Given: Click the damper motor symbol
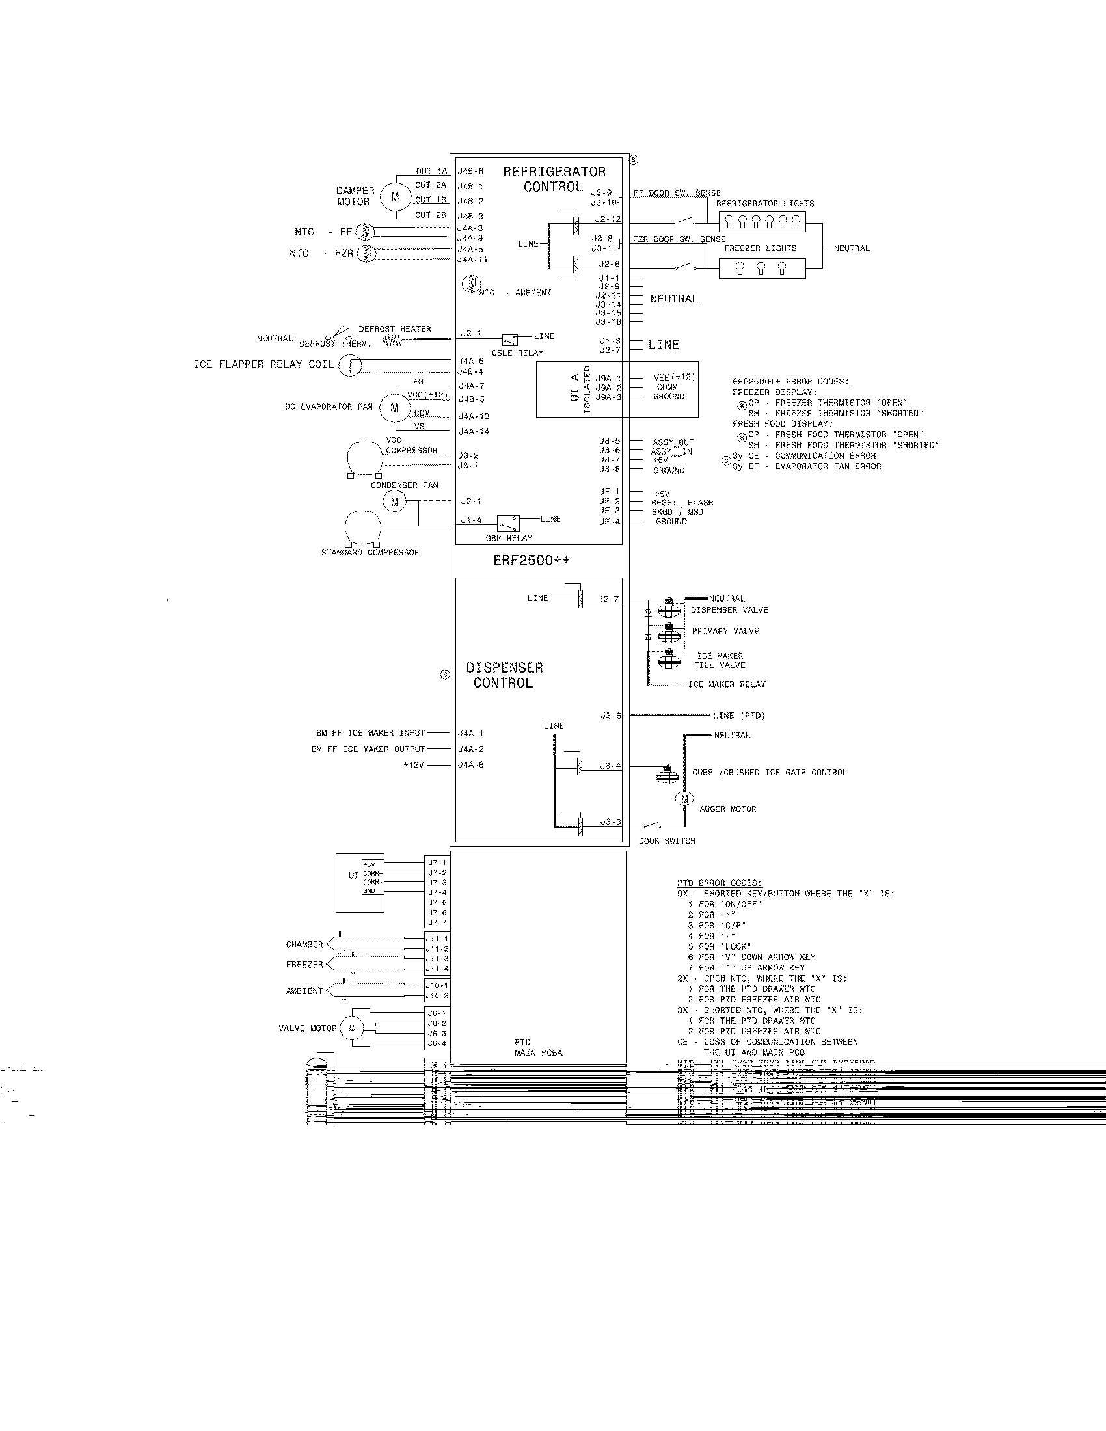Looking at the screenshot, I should pyautogui.click(x=394, y=196).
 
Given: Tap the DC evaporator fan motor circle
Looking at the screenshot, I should pyautogui.click(x=394, y=408).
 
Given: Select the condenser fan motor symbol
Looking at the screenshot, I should pyautogui.click(x=394, y=503).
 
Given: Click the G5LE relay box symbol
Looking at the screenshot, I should pyautogui.click(x=509, y=340).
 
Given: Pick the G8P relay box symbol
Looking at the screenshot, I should pyautogui.click(x=508, y=524).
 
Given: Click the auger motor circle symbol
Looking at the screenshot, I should pyautogui.click(x=684, y=799).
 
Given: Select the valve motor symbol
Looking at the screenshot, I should pyautogui.click(x=352, y=1028).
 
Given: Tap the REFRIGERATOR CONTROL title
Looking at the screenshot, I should pyautogui.click(x=554, y=180).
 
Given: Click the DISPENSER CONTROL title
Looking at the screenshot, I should pyautogui.click(x=504, y=675).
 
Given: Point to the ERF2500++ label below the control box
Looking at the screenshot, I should pyautogui.click(x=532, y=561).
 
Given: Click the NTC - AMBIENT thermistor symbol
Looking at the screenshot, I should pyautogui.click(x=471, y=284).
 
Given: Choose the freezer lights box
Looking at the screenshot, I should pyautogui.click(x=761, y=269).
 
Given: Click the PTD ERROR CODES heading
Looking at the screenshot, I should pyautogui.click(x=720, y=883).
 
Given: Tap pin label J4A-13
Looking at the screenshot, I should pyautogui.click(x=474, y=416).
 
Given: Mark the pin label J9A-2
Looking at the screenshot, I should pyautogui.click(x=608, y=388).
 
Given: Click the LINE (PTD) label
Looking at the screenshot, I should pyautogui.click(x=739, y=716).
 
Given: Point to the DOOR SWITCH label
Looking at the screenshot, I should pyautogui.click(x=667, y=840).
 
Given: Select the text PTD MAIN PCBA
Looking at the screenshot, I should pyautogui.click(x=538, y=1047).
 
